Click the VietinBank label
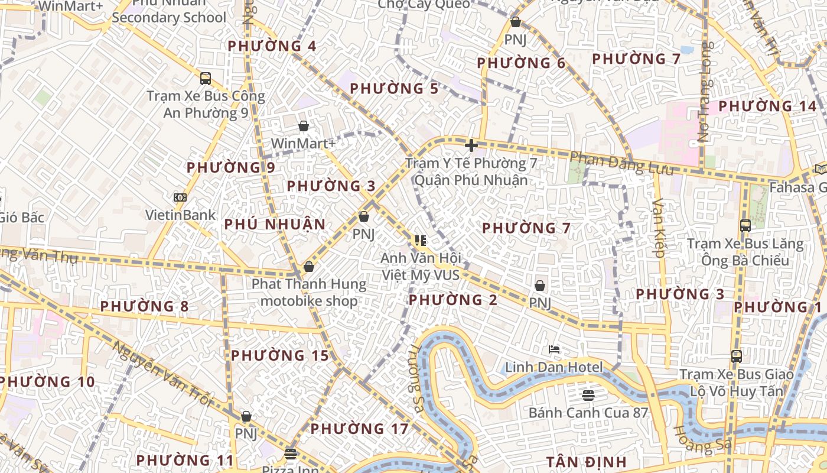181,215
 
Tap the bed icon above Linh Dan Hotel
554,349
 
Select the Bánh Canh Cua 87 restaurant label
588,413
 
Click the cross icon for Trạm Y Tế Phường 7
471,145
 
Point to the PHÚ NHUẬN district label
275,225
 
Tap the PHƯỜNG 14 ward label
767,106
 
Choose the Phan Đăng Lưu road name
621,164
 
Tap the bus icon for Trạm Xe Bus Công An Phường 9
206,78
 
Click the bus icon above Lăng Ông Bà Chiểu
745,225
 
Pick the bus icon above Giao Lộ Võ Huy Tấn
736,356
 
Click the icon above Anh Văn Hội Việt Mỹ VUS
420,240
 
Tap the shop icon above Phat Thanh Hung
308,267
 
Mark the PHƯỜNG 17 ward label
359,429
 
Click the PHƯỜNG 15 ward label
279,355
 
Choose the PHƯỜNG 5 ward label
394,89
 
